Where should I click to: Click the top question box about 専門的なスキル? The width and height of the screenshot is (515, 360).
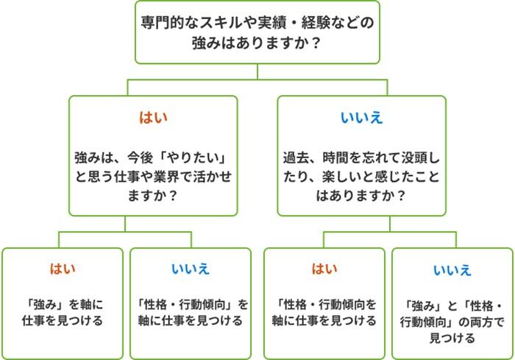pos(257,33)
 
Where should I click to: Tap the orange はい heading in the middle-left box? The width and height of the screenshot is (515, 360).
pos(154,117)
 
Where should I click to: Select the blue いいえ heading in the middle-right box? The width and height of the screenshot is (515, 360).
pos(361,117)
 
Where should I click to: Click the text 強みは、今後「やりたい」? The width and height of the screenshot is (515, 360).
pos(154,158)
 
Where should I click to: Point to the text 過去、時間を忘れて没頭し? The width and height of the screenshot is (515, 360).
pos(361,158)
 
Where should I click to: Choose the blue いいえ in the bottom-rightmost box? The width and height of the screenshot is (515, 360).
pos(452,270)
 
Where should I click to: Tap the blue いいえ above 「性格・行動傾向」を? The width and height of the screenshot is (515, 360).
pos(191,269)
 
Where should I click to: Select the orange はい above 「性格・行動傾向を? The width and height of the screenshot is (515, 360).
pos(324,269)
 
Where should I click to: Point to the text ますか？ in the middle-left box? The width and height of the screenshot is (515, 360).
pos(154,197)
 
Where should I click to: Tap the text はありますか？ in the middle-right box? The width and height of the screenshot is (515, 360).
pos(361,197)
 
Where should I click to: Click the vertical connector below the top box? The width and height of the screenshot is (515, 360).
pos(257,71)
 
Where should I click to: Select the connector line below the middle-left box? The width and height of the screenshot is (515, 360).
pos(154,224)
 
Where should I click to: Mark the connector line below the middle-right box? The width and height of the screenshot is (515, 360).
pos(361,224)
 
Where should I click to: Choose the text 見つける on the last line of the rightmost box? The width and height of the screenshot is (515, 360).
pos(452,339)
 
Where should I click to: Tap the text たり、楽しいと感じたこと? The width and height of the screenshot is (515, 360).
pos(361,177)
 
